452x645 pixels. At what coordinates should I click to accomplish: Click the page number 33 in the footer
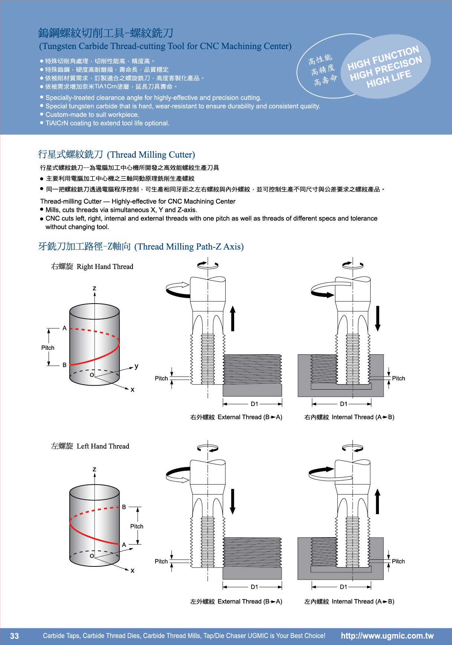pyautogui.click(x=14, y=636)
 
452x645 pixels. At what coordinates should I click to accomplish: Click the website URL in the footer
pyautogui.click(x=387, y=636)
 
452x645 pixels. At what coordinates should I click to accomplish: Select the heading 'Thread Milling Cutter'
pyautogui.click(x=151, y=155)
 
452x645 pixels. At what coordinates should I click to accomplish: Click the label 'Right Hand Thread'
pyautogui.click(x=105, y=267)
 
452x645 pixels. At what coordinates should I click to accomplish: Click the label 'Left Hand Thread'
pyautogui.click(x=103, y=446)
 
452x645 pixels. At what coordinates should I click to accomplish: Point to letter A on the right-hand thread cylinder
pyautogui.click(x=65, y=328)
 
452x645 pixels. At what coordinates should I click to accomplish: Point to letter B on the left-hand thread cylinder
pyautogui.click(x=124, y=507)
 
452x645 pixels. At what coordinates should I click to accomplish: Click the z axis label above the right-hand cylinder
pyautogui.click(x=95, y=288)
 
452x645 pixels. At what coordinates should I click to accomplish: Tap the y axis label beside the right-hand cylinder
pyautogui.click(x=137, y=366)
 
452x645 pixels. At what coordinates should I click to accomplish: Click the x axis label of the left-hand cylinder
pyautogui.click(x=132, y=570)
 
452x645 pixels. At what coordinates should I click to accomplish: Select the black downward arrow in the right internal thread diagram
pyautogui.click(x=377, y=318)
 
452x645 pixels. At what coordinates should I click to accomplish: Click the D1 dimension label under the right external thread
pyautogui.click(x=255, y=404)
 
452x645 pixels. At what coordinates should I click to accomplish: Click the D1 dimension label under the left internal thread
pyautogui.click(x=343, y=587)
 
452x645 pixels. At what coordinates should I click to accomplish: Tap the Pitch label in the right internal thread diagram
pyautogui.click(x=398, y=378)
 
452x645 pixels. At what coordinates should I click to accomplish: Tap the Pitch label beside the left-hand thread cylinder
pyautogui.click(x=137, y=526)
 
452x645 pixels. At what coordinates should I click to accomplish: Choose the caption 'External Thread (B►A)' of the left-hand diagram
pyautogui.click(x=250, y=602)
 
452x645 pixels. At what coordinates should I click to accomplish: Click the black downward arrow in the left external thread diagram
pyautogui.click(x=233, y=501)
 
